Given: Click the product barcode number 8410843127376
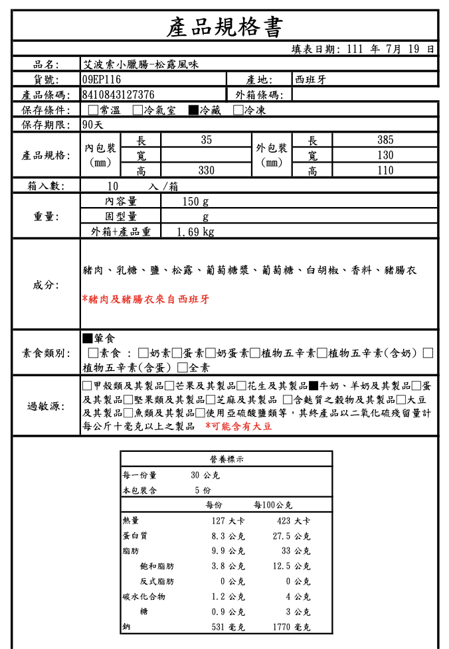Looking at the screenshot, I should (x=119, y=95).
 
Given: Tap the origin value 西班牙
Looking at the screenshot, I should (x=310, y=80).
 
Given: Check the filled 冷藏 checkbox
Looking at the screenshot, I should (x=193, y=110).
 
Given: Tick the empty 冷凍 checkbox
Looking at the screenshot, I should (x=238, y=110).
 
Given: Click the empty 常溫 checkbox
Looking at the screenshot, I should (x=93, y=110).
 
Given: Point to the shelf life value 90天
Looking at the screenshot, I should (x=93, y=125).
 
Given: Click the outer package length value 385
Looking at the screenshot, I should (x=385, y=140).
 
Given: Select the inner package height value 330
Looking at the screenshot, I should (x=207, y=171).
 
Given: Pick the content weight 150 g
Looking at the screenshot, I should (x=195, y=201).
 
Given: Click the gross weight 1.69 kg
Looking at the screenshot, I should (x=196, y=232).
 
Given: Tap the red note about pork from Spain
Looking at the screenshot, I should (x=145, y=299).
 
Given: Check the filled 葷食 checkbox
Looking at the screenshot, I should (x=87, y=338).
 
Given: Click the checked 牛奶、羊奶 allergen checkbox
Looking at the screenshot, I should (x=314, y=386).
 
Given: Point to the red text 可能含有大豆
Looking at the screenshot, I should (x=239, y=427).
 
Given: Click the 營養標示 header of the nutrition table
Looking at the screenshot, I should (x=226, y=459).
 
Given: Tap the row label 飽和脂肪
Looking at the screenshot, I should (x=157, y=566).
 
